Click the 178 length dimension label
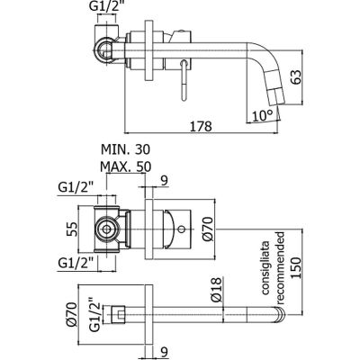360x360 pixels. tap(202, 126)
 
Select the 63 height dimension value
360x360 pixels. tap(295, 77)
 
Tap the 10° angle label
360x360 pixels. tap(262, 115)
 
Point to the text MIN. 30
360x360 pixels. tap(125, 149)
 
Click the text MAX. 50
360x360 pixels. tap(125, 166)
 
